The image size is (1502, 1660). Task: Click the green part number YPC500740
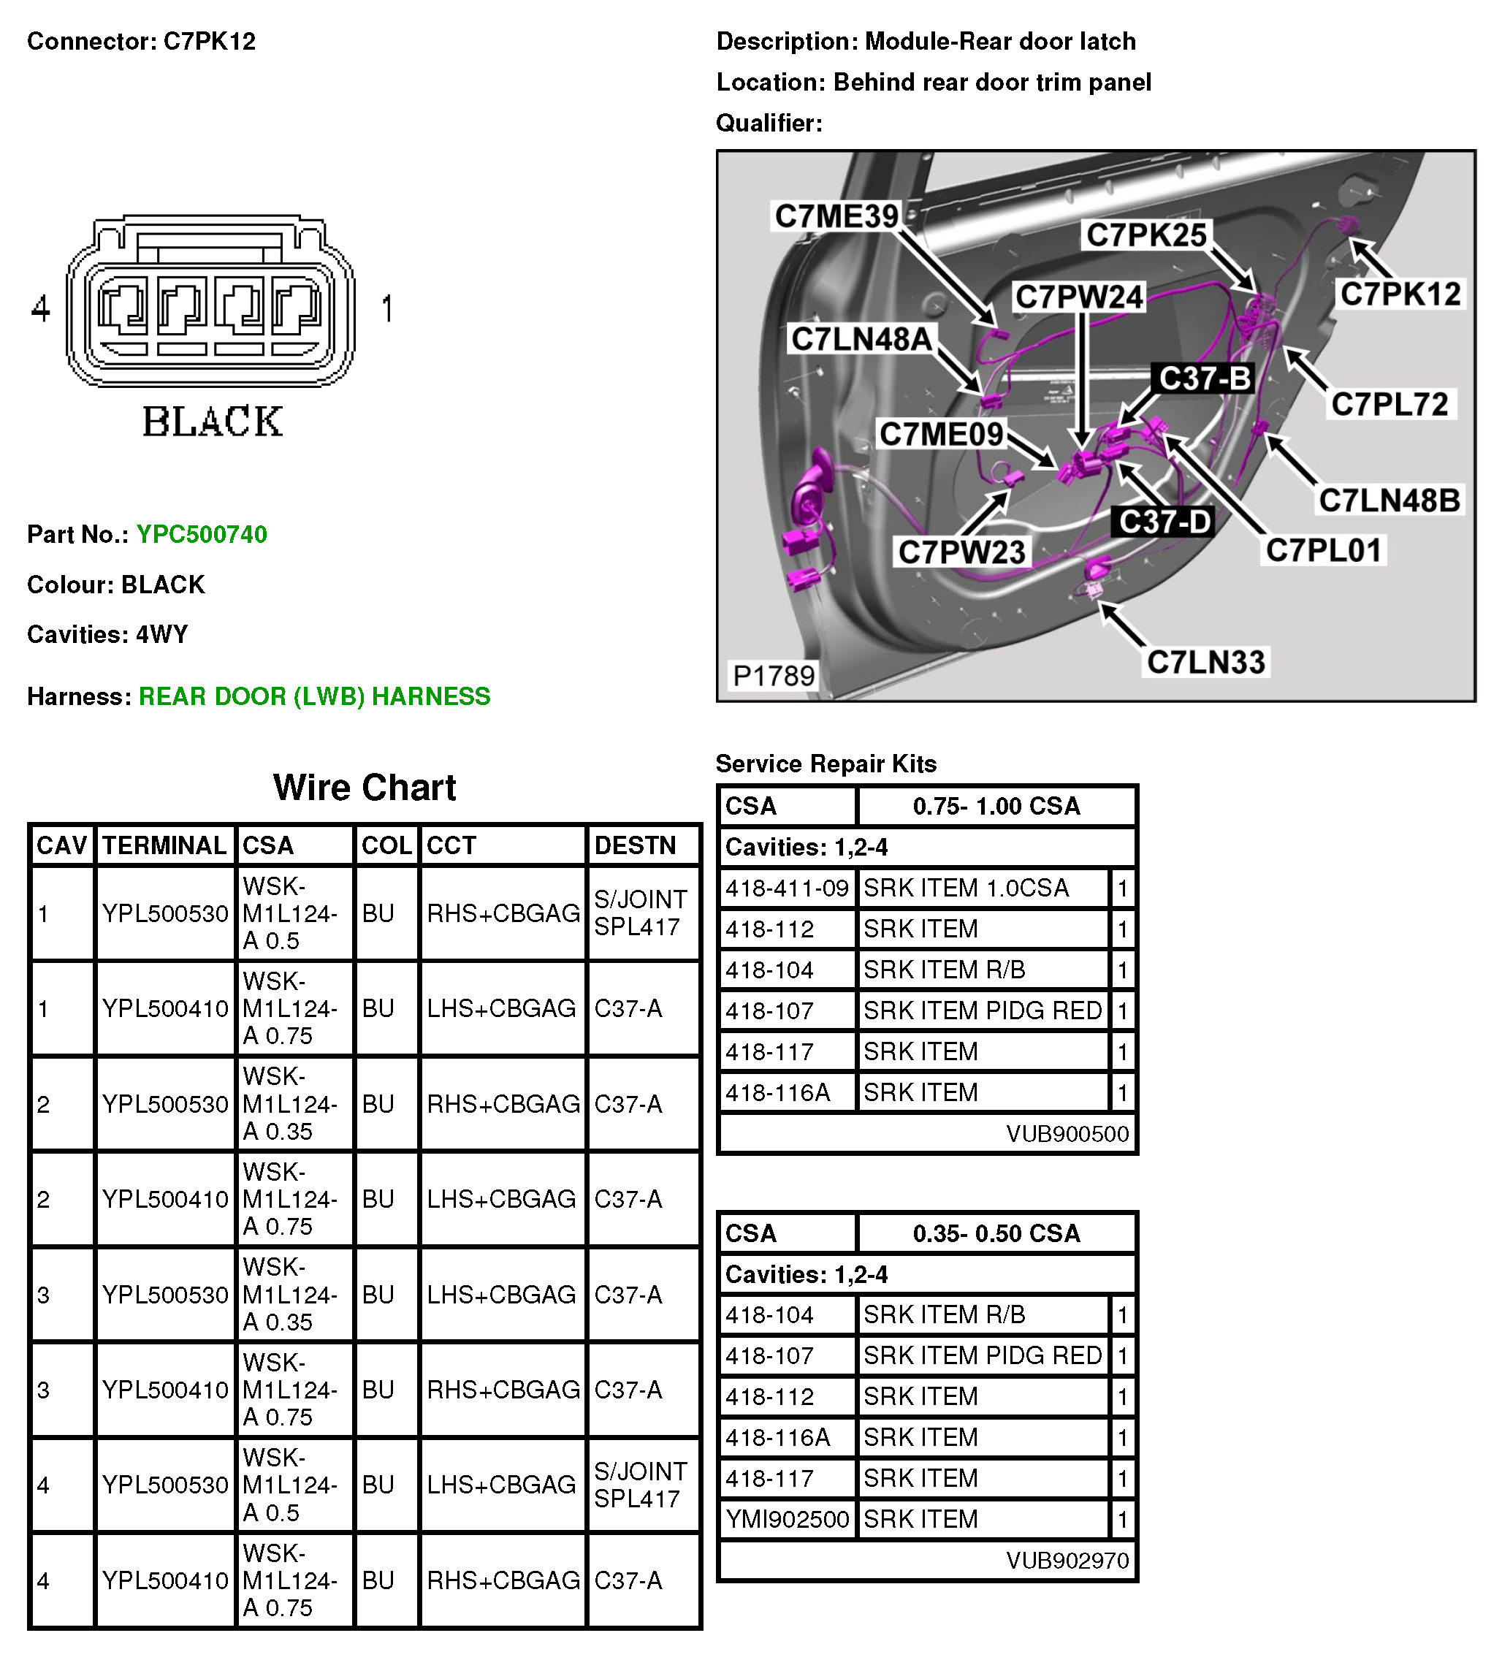point(202,534)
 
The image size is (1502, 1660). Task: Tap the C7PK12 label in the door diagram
point(1400,294)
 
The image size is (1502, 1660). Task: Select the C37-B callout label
point(1204,378)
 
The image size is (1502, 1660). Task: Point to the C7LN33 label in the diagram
point(1205,662)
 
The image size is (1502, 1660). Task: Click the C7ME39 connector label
point(836,216)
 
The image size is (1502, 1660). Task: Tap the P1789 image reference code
point(773,676)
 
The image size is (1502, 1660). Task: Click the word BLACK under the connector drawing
point(213,422)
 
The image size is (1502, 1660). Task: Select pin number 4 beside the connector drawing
point(40,309)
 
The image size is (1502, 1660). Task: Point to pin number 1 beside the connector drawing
point(387,309)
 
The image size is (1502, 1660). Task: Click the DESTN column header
point(635,845)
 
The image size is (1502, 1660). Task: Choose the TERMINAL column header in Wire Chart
point(164,845)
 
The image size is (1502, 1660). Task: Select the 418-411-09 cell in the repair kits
point(786,888)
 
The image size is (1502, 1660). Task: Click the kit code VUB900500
point(1067,1135)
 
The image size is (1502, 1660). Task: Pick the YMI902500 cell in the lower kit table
point(786,1519)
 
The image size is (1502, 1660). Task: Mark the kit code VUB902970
point(1067,1561)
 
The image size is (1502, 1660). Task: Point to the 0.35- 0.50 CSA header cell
point(996,1233)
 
